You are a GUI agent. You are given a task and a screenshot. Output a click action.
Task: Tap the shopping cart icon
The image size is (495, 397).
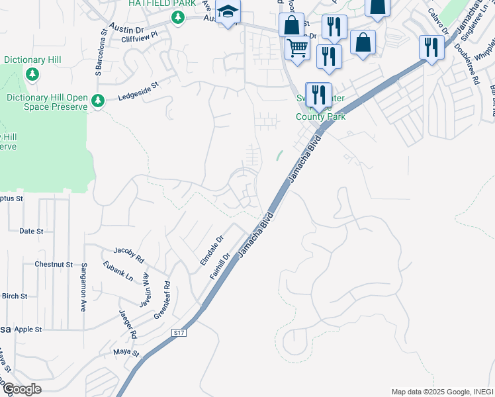(x=297, y=48)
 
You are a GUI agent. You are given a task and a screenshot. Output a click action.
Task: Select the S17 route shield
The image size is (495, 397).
(x=178, y=332)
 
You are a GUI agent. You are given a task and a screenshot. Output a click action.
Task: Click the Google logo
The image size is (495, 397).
(x=22, y=389)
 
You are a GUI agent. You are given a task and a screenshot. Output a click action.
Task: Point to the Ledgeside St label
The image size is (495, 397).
(x=139, y=91)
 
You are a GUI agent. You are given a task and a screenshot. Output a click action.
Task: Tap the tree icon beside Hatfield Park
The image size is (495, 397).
(x=177, y=19)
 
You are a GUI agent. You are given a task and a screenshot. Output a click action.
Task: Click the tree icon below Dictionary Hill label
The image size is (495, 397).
(x=32, y=74)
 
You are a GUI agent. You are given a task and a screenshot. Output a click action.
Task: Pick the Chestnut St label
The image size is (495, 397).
(x=54, y=264)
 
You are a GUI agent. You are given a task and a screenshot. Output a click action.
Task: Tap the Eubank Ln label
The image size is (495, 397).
(x=118, y=271)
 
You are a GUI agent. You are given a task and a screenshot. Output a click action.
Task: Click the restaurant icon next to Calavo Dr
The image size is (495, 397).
(x=431, y=48)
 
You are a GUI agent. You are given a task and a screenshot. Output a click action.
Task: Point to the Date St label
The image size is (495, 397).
(x=31, y=232)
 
